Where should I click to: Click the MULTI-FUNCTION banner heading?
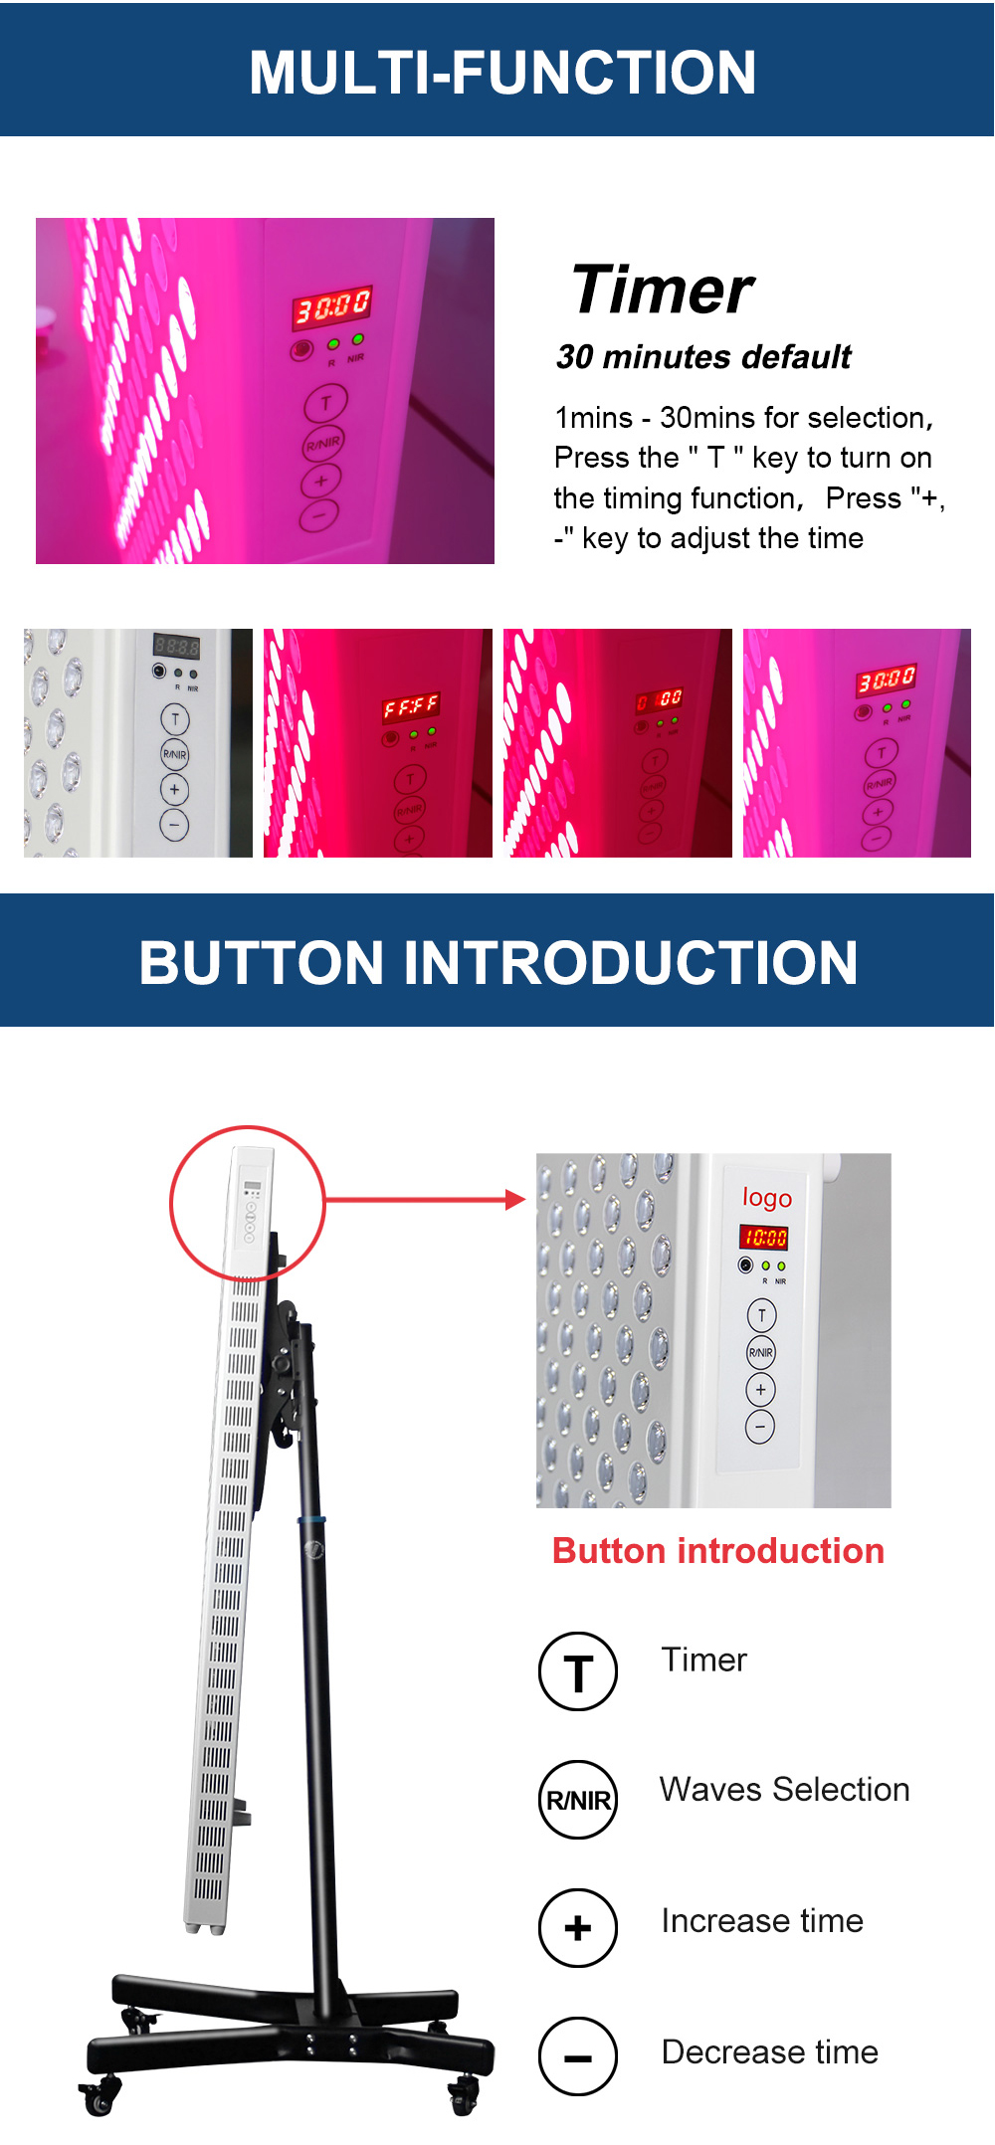(502, 73)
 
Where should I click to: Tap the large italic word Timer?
(663, 291)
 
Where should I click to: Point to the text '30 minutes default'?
(703, 356)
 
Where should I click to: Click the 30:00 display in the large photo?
(331, 306)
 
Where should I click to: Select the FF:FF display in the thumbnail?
(410, 707)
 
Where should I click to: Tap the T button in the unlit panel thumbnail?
(175, 718)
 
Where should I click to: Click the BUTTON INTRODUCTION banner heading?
(497, 962)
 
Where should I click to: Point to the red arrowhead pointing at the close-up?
(514, 1200)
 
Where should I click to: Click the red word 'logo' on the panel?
(767, 1197)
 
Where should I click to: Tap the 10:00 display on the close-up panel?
(763, 1238)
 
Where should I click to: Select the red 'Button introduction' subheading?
(717, 1551)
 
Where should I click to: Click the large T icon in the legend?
(578, 1671)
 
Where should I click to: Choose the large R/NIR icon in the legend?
(578, 1800)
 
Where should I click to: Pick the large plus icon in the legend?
(578, 1928)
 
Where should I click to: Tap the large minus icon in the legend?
(578, 2056)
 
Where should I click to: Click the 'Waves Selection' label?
(784, 1789)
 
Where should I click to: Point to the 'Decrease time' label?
(769, 2051)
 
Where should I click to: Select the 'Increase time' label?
(762, 1920)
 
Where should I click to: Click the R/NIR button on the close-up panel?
(761, 1352)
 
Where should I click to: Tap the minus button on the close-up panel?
(760, 1427)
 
